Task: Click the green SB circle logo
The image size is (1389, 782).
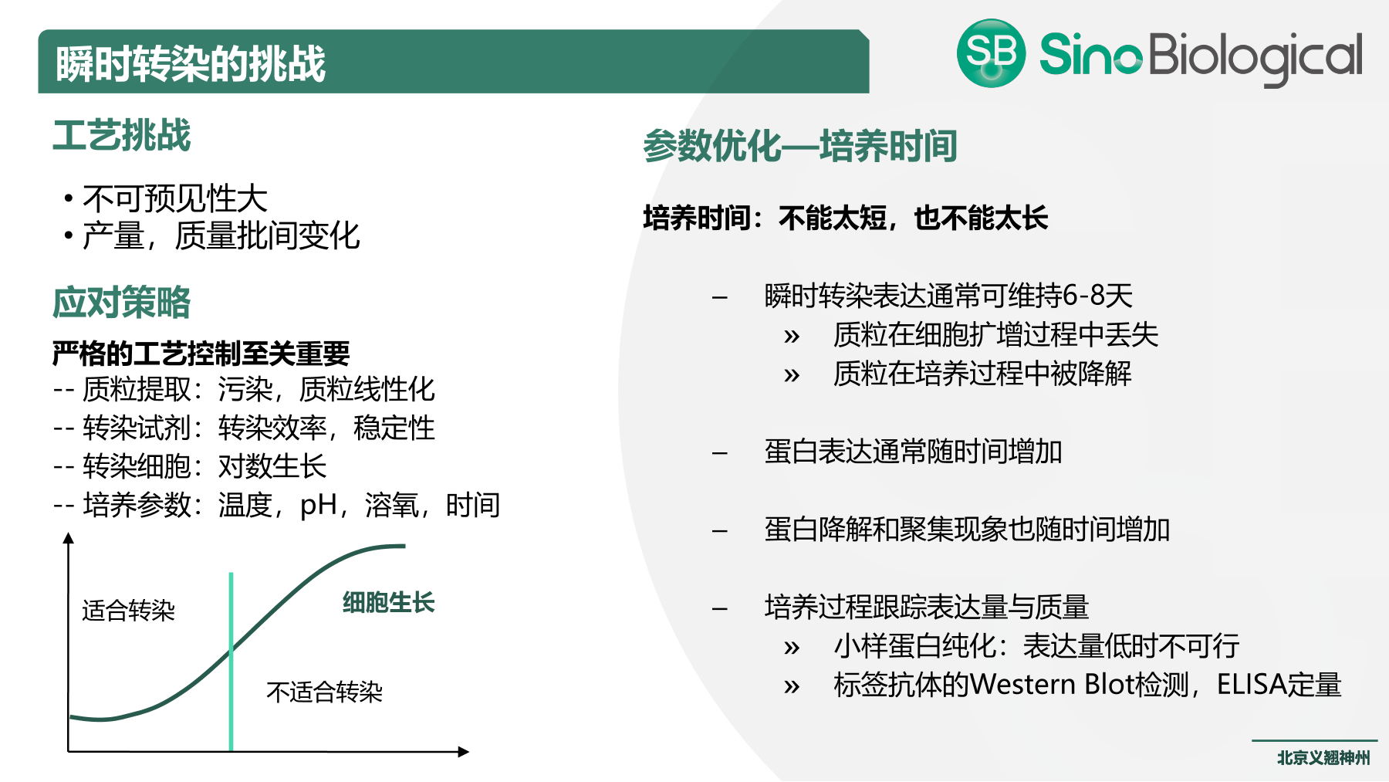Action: (991, 53)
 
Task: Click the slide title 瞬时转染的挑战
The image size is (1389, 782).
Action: (191, 63)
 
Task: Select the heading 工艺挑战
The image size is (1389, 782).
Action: (121, 136)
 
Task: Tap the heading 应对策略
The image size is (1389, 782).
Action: (121, 303)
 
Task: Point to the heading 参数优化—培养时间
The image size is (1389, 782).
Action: (799, 146)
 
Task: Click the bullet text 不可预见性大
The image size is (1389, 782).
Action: (174, 199)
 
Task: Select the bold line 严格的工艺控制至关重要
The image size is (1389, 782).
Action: (201, 354)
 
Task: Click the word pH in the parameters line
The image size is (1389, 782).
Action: (318, 506)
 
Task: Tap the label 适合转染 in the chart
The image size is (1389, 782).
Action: (128, 611)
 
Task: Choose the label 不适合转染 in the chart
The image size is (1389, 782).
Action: (324, 692)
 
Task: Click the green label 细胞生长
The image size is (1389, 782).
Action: (388, 602)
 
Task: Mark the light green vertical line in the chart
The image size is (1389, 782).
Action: (231, 664)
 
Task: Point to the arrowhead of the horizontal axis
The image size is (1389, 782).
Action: (463, 752)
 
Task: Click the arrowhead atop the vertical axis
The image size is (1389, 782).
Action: (69, 538)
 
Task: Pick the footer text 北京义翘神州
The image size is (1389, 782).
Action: (1323, 758)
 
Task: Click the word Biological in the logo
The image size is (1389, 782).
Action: (1256, 56)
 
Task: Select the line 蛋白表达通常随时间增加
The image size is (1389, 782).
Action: (913, 452)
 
